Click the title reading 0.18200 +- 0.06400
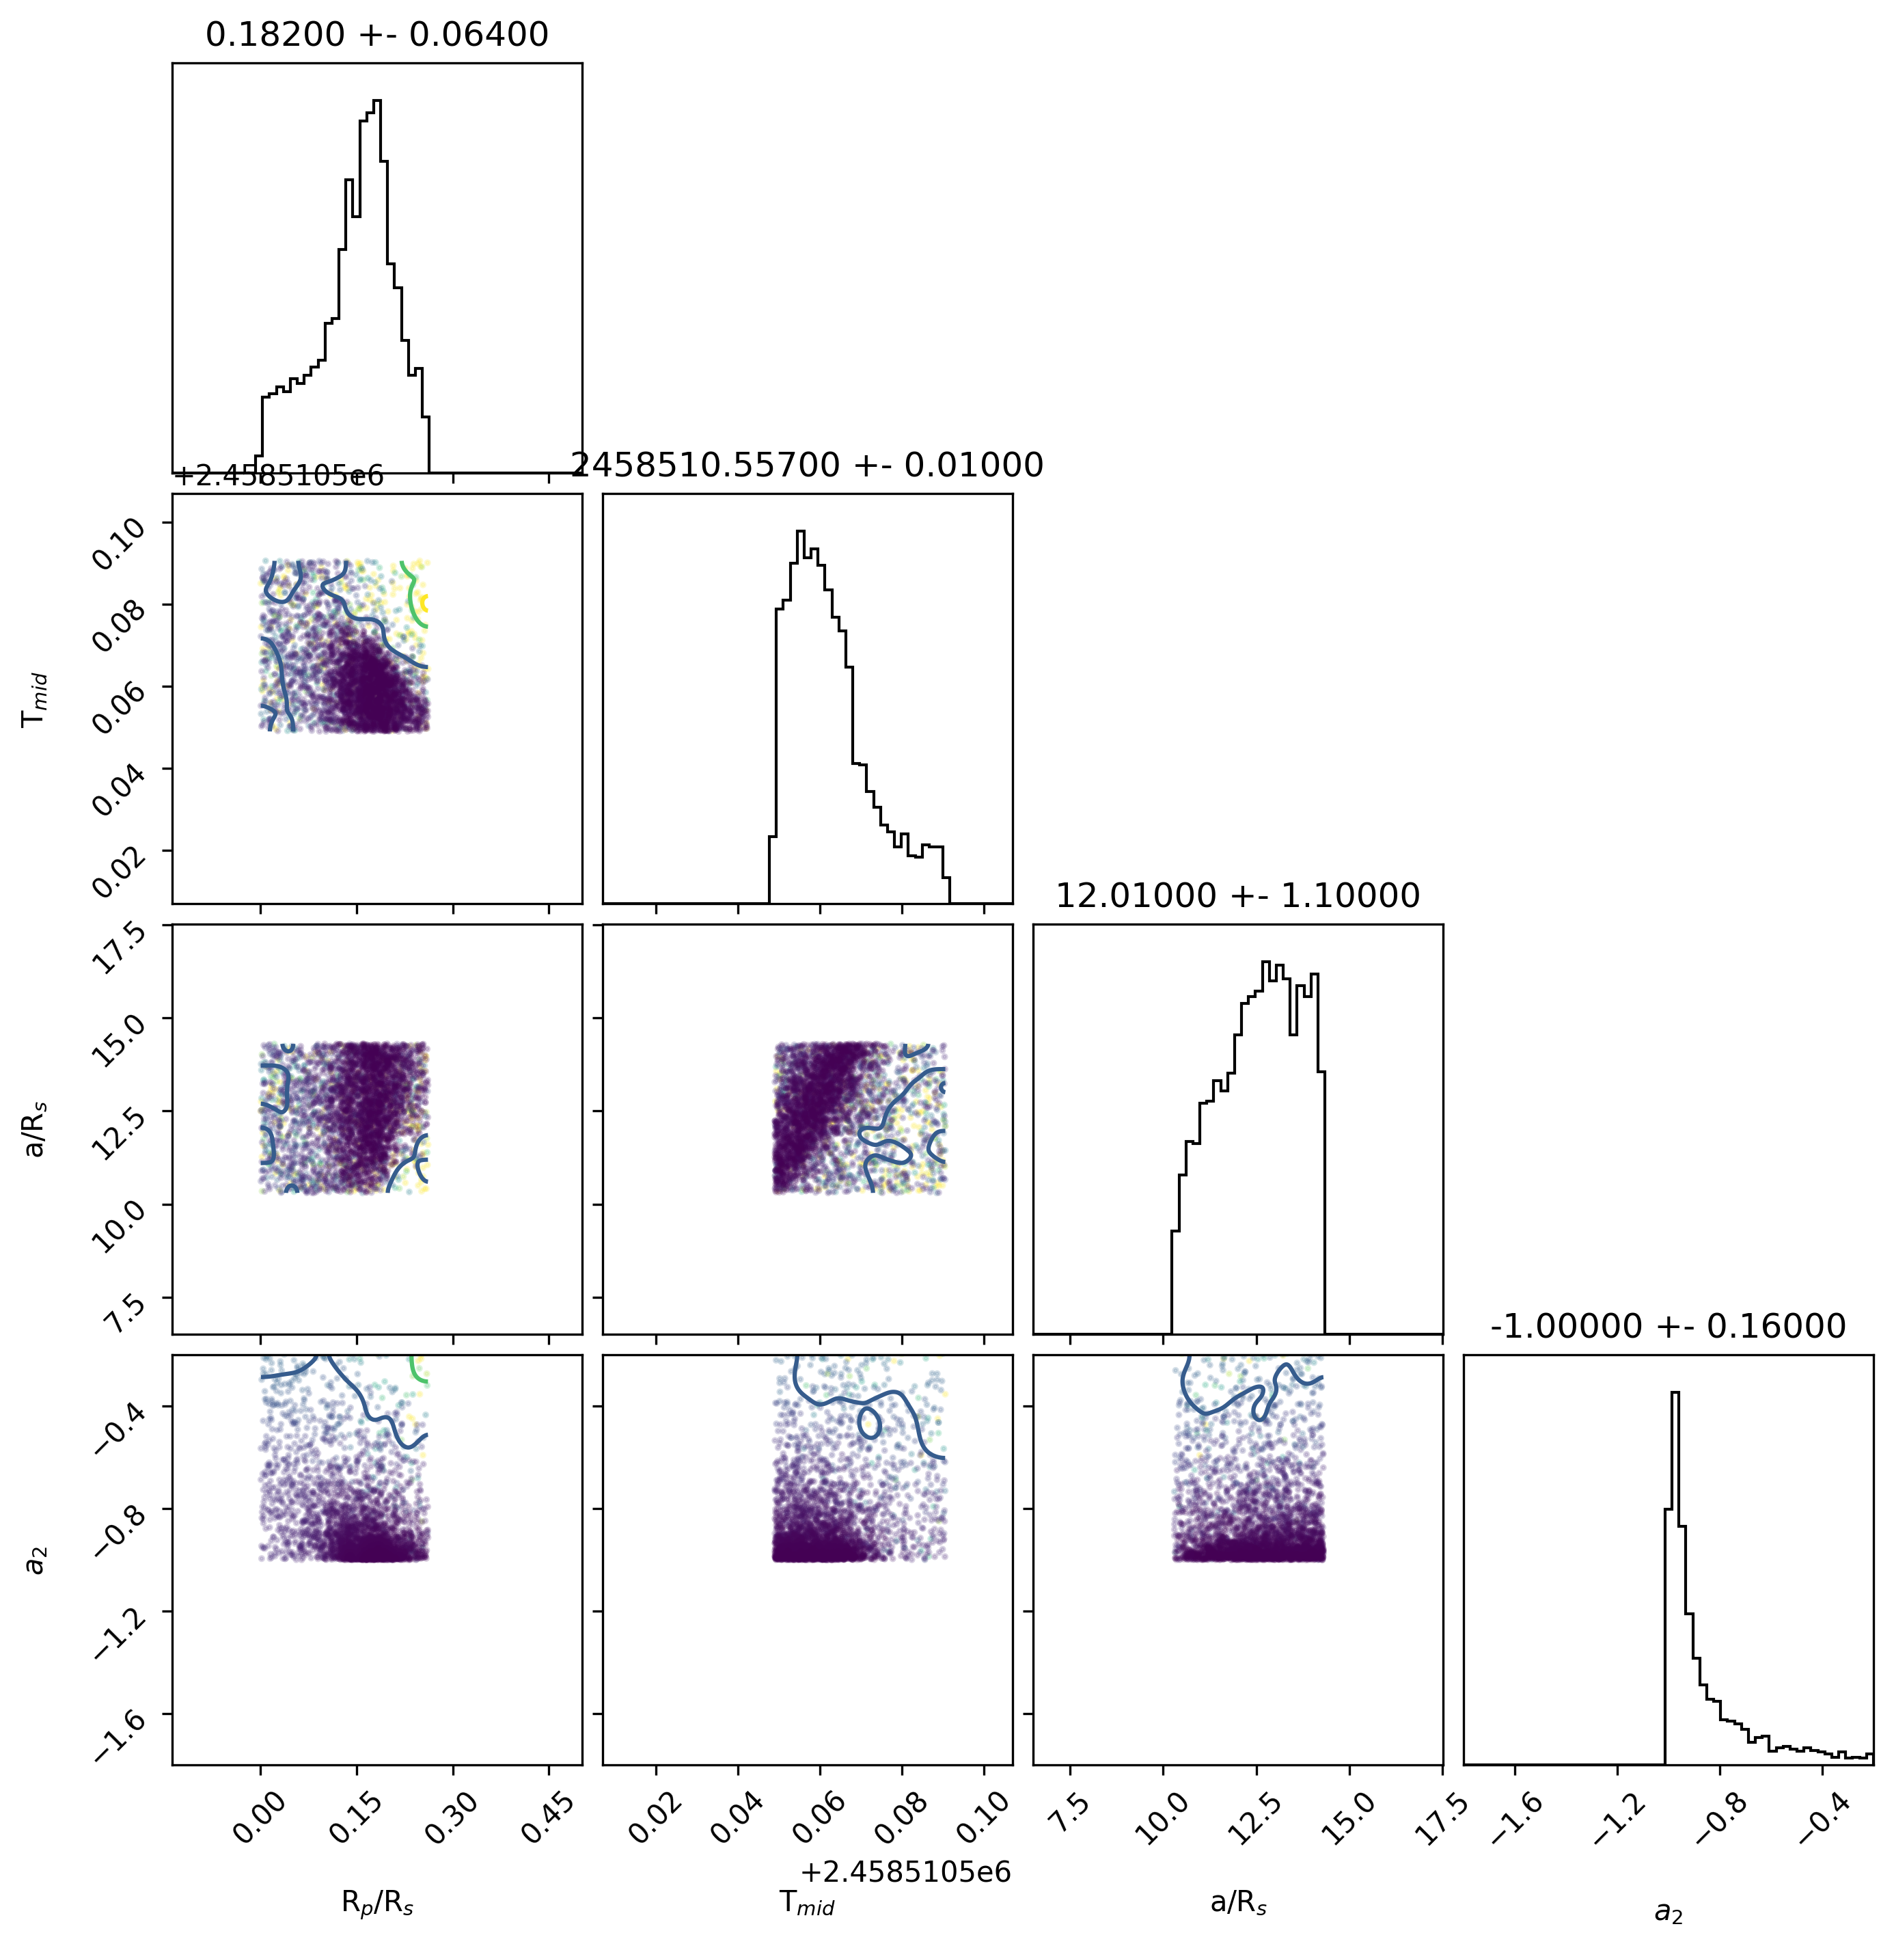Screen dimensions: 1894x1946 (x=377, y=35)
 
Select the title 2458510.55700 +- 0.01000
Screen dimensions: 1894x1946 (x=807, y=465)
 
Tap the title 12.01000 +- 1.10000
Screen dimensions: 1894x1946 (x=1237, y=895)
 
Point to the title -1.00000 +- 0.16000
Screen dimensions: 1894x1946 (x=1669, y=1326)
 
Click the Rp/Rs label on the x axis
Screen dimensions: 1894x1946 (x=377, y=1903)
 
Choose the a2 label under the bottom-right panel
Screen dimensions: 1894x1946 (x=1669, y=1911)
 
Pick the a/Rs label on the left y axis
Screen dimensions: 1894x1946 (x=36, y=1129)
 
